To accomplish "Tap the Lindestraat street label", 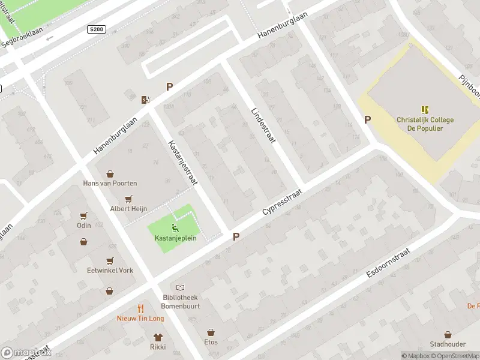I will pyautogui.click(x=263, y=124).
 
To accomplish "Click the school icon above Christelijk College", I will pyautogui.click(x=425, y=110).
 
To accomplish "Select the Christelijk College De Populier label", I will pyautogui.click(x=425, y=124).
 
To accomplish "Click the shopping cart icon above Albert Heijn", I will pyautogui.click(x=128, y=199).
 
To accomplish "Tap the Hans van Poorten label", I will pyautogui.click(x=110, y=183).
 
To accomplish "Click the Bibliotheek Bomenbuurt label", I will pyautogui.click(x=181, y=302).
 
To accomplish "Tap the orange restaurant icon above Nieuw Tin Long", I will pyautogui.click(x=140, y=308).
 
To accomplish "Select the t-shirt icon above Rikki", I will pyautogui.click(x=158, y=337).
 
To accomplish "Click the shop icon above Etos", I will pyautogui.click(x=211, y=332).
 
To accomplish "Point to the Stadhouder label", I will pyautogui.click(x=448, y=344).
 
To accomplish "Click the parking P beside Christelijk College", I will pyautogui.click(x=367, y=119).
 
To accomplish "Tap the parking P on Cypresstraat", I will pyautogui.click(x=236, y=237).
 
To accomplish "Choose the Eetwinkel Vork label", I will pyautogui.click(x=110, y=271).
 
